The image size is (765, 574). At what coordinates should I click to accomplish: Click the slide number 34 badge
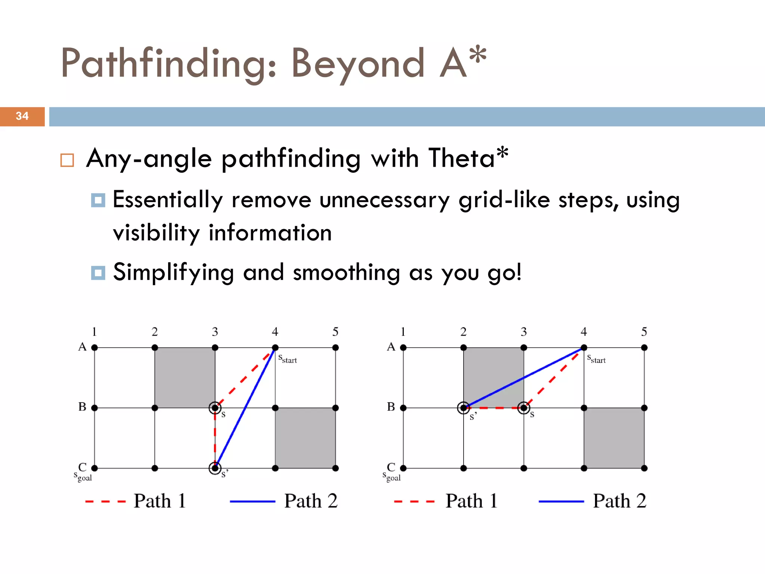click(x=22, y=116)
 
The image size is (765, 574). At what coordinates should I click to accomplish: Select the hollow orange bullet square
click(x=67, y=160)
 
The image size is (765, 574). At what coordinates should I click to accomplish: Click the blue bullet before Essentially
click(x=98, y=200)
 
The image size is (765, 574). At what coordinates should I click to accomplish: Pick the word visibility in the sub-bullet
click(x=156, y=233)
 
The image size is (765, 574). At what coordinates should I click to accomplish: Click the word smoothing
click(x=346, y=272)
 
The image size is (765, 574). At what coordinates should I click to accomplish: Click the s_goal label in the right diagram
click(x=391, y=477)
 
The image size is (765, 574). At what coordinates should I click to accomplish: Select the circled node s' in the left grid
click(x=215, y=468)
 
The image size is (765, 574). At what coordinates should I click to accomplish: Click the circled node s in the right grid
click(x=524, y=408)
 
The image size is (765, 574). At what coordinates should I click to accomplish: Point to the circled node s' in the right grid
click(x=464, y=408)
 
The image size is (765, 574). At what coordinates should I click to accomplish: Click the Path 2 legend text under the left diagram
click(x=310, y=501)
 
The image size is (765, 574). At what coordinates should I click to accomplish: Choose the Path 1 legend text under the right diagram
click(x=471, y=501)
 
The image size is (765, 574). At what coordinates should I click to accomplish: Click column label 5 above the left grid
click(x=335, y=332)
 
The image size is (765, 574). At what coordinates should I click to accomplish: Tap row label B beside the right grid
click(x=391, y=407)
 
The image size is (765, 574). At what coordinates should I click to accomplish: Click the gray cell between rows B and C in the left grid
click(x=305, y=438)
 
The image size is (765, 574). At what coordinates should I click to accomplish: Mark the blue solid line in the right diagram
click(x=523, y=378)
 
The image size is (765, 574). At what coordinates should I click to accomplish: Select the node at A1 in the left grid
click(x=95, y=348)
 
